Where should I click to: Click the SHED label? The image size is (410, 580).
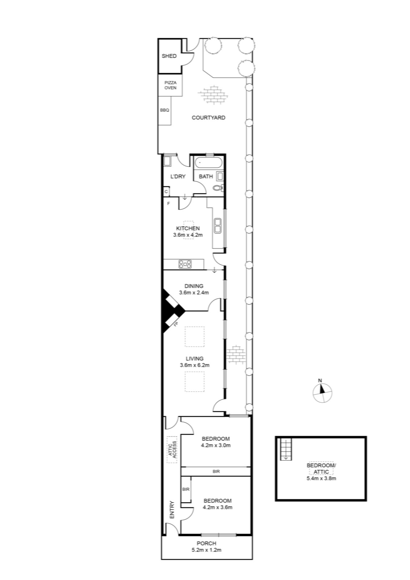[x=169, y=56]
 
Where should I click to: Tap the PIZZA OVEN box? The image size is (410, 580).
[x=171, y=85]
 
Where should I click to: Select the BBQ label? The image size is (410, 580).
[x=164, y=110]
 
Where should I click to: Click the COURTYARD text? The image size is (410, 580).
[x=209, y=117]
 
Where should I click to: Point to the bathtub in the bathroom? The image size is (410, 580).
[x=209, y=163]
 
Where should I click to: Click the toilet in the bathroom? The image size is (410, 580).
[x=218, y=188]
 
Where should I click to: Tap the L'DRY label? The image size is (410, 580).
[x=178, y=177]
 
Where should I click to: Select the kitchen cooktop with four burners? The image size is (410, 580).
[x=185, y=264]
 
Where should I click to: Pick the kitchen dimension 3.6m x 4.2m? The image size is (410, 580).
[x=188, y=235]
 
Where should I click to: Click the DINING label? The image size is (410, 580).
[x=194, y=286]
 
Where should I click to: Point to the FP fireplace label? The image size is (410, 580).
[x=176, y=324]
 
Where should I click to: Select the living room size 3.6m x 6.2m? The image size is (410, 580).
[x=194, y=365]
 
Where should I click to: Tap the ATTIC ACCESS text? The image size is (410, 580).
[x=172, y=450]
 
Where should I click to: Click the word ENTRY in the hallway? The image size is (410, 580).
[x=172, y=510]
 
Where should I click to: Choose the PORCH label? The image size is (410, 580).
[x=206, y=543]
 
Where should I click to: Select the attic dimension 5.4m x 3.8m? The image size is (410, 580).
[x=321, y=478]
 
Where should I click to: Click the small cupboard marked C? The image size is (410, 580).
[x=166, y=192]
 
